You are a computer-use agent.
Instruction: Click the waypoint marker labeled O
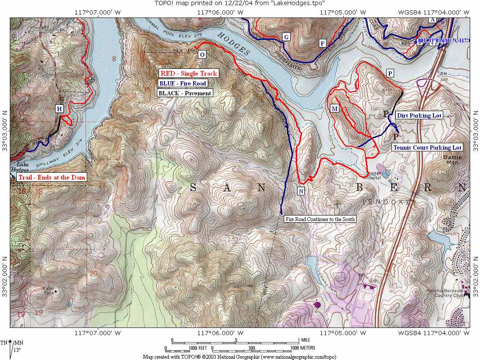(x=202, y=54)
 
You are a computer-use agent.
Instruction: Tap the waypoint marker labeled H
(x=59, y=109)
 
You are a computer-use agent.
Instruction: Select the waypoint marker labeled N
(x=301, y=191)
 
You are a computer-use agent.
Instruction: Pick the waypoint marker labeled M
(x=335, y=109)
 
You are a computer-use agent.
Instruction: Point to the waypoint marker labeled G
(x=286, y=37)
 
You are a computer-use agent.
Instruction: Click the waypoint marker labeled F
(x=323, y=43)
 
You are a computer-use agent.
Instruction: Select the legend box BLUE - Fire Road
(x=183, y=83)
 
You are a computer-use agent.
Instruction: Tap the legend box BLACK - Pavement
(x=185, y=93)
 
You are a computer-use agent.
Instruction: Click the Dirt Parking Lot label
(x=418, y=115)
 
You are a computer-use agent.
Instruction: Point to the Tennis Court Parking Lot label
(x=427, y=148)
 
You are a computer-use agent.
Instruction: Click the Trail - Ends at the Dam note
(x=48, y=177)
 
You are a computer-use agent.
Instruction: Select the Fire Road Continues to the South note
(x=320, y=219)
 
